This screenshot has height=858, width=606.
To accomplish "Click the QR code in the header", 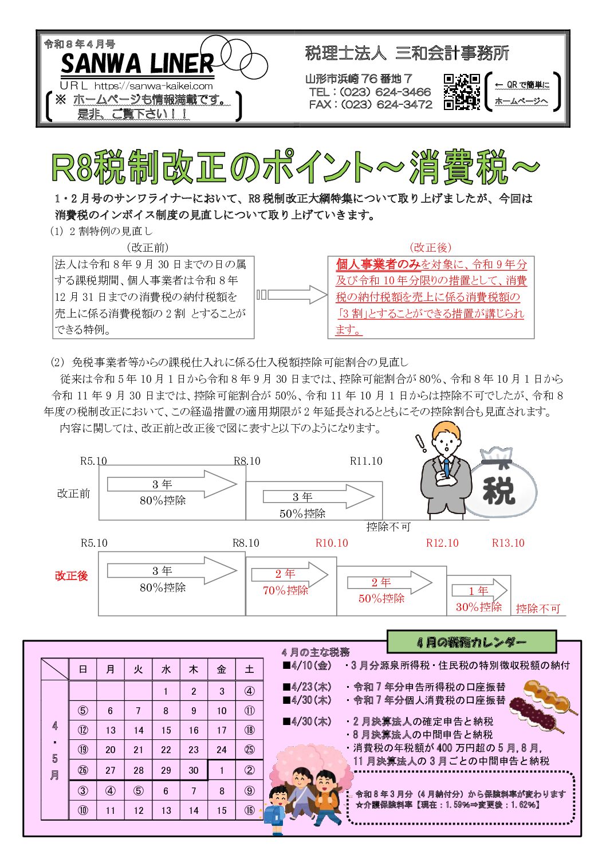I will (x=462, y=91).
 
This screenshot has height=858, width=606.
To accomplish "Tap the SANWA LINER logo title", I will (x=137, y=63).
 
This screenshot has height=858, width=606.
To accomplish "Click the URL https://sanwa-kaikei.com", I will (x=154, y=86).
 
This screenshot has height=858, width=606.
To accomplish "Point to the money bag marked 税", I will (x=499, y=484).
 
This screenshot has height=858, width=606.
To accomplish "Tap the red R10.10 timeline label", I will (x=332, y=543).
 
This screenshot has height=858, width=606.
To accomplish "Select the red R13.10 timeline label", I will (x=508, y=543).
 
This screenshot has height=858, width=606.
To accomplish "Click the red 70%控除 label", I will (x=285, y=590).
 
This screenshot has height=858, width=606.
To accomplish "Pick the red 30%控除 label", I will (x=478, y=607).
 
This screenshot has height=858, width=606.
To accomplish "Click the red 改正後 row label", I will (x=72, y=575).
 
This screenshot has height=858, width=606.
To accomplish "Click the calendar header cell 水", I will (x=166, y=669).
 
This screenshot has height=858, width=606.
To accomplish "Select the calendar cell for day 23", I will (x=194, y=750).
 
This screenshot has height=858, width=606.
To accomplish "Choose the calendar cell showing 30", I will (x=194, y=770).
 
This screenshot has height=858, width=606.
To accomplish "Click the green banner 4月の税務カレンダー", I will (x=471, y=642).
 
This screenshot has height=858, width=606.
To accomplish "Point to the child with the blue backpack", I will (x=277, y=808).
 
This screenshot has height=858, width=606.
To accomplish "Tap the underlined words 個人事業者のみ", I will (x=378, y=264).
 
